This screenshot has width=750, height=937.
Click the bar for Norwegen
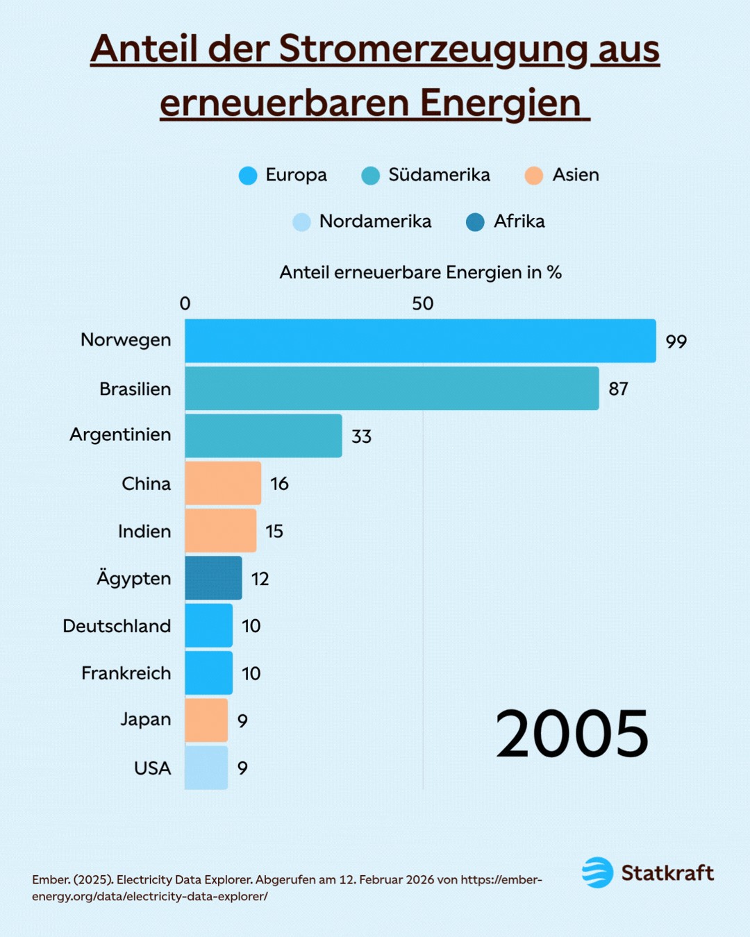(x=420, y=341)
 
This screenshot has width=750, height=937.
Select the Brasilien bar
(x=392, y=389)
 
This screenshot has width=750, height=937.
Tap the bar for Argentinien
(x=263, y=436)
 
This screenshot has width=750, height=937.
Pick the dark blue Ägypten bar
(x=213, y=578)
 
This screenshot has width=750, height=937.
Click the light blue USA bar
(x=206, y=768)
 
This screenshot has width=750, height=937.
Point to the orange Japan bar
(x=206, y=720)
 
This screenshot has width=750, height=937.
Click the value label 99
(x=676, y=341)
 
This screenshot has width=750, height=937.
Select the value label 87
(x=618, y=389)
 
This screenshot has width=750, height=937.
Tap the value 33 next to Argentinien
(x=361, y=437)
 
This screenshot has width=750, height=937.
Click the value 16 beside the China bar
(x=279, y=484)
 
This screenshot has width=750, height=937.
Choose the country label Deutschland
(x=117, y=626)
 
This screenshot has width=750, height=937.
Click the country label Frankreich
(x=126, y=673)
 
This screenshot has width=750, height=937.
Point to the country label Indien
(x=144, y=532)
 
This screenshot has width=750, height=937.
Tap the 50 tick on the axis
(x=422, y=303)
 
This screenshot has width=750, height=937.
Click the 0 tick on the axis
(x=185, y=303)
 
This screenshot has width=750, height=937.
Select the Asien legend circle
(x=533, y=176)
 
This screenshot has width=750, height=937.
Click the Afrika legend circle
(x=475, y=222)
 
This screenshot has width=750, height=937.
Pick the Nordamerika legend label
(x=375, y=221)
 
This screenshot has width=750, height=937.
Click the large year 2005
(x=572, y=734)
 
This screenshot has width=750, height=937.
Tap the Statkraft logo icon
(x=597, y=872)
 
